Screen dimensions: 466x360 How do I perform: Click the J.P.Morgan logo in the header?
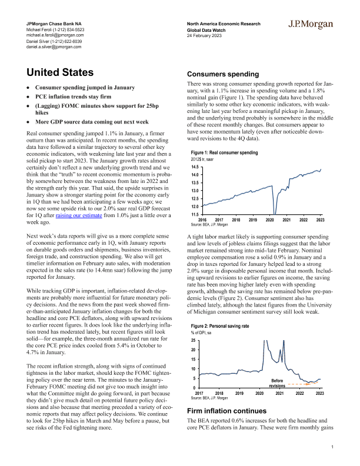311,25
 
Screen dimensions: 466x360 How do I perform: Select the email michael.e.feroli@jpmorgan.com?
52,35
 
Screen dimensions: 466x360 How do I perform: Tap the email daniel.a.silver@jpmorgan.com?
51,46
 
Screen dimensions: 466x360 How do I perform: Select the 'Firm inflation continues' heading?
227,410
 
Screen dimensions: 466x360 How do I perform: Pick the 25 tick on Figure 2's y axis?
194,341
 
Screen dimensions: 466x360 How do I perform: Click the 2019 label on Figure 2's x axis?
239,393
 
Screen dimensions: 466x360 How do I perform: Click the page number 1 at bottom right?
332,448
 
